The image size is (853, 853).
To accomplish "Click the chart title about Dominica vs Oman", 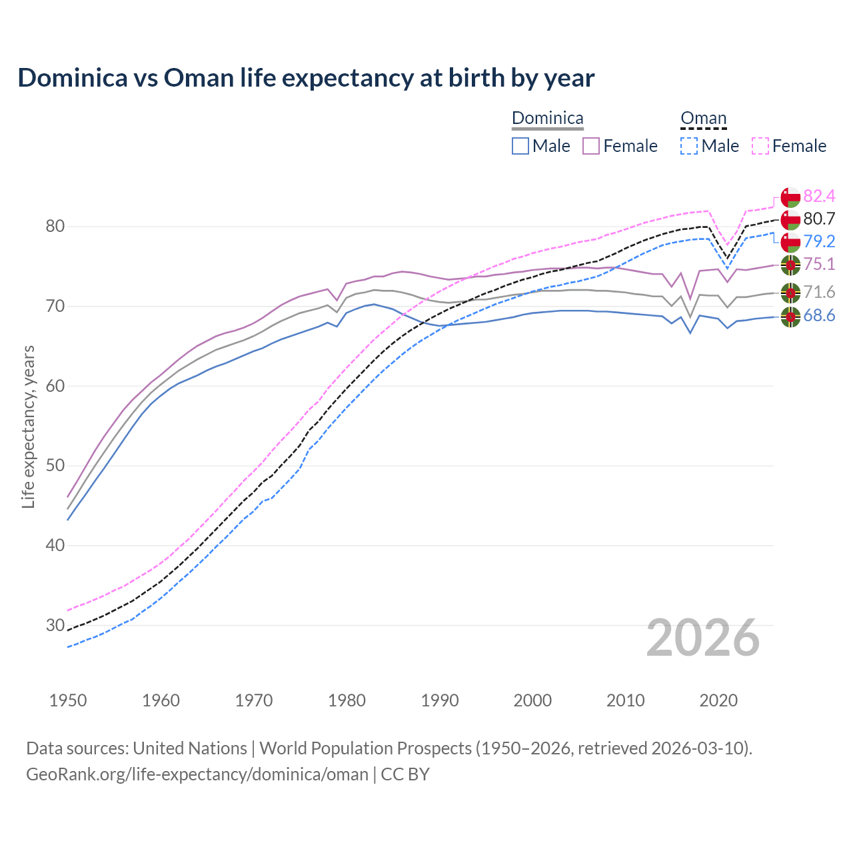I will pos(306,78).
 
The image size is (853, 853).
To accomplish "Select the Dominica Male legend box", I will pos(520,146).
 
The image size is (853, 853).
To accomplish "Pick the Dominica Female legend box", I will pos(591,146).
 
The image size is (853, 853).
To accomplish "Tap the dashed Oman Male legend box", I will pos(689,146).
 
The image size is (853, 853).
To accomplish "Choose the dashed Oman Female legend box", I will pos(760,146).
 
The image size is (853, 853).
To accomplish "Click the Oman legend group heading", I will pos(703,119).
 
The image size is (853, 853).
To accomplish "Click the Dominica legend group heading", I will pos(547,119).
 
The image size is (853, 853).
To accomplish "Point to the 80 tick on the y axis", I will pos(55,227).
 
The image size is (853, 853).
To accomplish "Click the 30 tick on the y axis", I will pos(55,625).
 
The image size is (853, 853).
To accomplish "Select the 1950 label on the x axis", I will pos(68,700).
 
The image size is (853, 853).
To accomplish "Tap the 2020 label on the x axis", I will pos(718,700).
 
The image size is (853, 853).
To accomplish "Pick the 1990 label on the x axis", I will pos(440,700).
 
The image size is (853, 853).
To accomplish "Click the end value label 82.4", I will pos(819,196).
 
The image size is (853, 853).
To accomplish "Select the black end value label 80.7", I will pos(819,219).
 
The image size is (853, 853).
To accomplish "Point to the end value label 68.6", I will pos(819,316).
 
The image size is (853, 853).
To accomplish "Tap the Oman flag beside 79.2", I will pos(790,241).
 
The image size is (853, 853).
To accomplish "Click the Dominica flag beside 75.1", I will pos(790,265).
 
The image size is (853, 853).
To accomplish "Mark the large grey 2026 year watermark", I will pos(703,638).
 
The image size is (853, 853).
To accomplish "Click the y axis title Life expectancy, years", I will pos(29,426).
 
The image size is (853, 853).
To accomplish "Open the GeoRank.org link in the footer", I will pos(197,774).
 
